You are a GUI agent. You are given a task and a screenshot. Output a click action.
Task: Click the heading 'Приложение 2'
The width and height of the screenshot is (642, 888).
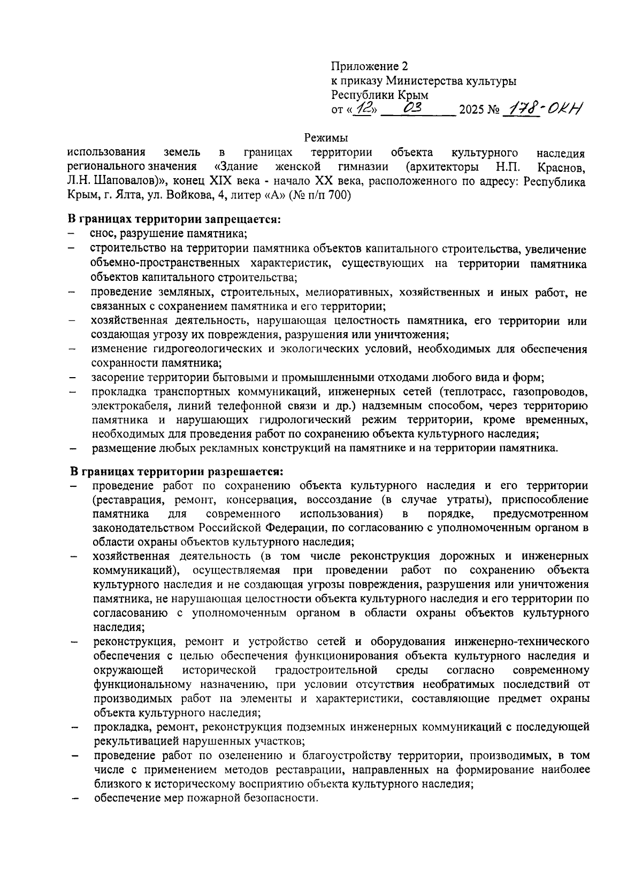coord(369,67)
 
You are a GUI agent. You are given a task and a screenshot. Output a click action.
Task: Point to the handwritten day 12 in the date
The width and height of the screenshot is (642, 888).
coord(365,109)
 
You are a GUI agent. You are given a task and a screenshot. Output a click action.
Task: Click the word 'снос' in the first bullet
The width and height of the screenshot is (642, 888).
coord(103,234)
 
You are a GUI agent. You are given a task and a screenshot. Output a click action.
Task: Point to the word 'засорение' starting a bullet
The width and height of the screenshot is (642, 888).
coord(116,378)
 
